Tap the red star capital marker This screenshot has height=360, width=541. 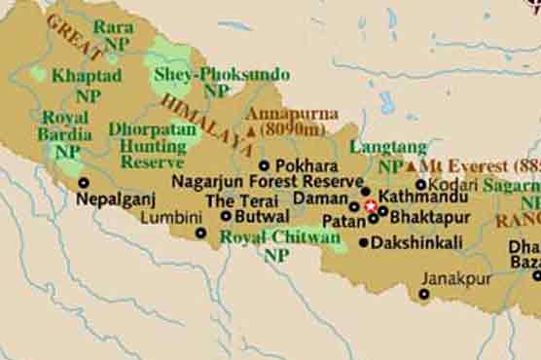(370, 206)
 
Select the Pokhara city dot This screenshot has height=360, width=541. (265, 166)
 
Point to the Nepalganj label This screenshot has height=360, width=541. (118, 198)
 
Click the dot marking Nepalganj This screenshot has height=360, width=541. (83, 182)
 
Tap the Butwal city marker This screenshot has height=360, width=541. (226, 217)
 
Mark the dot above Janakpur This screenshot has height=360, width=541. (424, 294)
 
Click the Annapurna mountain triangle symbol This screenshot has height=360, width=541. (251, 129)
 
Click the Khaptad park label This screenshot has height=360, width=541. (87, 75)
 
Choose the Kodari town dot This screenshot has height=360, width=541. (421, 184)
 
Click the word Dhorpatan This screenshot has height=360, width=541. (153, 128)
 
